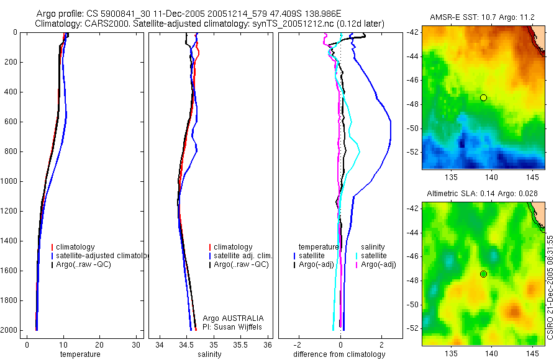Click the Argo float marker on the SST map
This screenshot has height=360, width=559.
(x=483, y=97)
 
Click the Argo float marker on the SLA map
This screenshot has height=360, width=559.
(x=483, y=274)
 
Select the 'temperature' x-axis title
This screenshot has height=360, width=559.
(x=80, y=354)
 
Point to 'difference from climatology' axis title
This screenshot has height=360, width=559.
(x=339, y=354)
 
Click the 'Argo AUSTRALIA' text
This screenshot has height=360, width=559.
(x=229, y=318)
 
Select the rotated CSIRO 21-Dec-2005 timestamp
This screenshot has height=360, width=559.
(x=551, y=286)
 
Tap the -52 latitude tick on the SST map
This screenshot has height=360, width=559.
(x=413, y=151)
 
